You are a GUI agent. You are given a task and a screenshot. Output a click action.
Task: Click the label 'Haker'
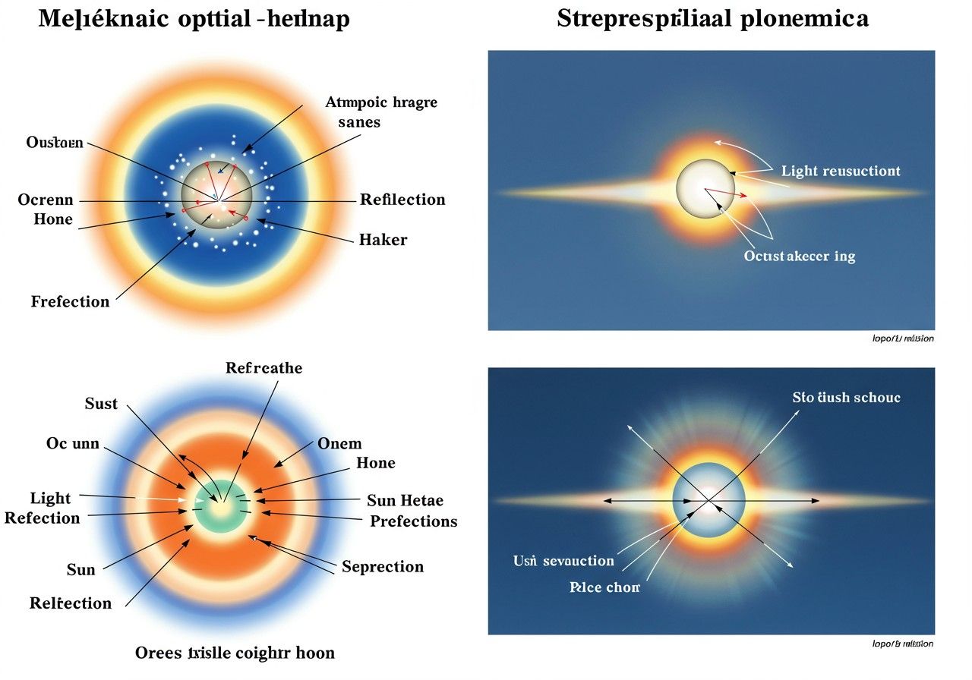[x=383, y=240]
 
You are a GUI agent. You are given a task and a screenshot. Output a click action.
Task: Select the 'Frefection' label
[x=70, y=301]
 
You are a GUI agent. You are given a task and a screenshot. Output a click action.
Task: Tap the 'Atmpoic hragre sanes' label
[x=381, y=112]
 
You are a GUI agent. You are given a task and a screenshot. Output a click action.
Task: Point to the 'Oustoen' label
[x=55, y=142]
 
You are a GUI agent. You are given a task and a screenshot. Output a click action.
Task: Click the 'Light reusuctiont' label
[x=841, y=171]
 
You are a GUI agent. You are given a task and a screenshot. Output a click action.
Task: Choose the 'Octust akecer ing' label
[x=800, y=256]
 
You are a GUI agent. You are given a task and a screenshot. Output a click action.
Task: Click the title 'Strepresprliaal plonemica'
[x=712, y=19]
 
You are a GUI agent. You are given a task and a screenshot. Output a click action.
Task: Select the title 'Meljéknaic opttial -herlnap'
[x=194, y=19]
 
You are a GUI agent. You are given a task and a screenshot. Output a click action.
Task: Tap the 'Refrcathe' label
[x=264, y=368]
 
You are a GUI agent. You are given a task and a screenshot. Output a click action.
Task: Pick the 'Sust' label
[x=101, y=403]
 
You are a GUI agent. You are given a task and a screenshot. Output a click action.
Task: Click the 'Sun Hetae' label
[x=405, y=500]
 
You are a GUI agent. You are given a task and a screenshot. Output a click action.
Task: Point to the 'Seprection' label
[x=383, y=567]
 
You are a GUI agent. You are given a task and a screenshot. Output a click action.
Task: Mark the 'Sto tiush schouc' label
[x=847, y=397]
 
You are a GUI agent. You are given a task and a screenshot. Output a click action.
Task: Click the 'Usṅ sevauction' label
[x=563, y=561]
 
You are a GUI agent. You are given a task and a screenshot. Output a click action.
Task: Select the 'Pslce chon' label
[x=604, y=587]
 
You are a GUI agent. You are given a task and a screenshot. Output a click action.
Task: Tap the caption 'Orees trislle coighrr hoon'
[x=235, y=653]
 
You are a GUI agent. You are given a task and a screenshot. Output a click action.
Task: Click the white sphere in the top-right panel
[x=706, y=188]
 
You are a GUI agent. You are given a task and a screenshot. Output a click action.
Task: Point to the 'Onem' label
[x=339, y=443]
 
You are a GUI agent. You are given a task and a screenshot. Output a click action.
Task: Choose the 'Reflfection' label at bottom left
[x=71, y=603]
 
